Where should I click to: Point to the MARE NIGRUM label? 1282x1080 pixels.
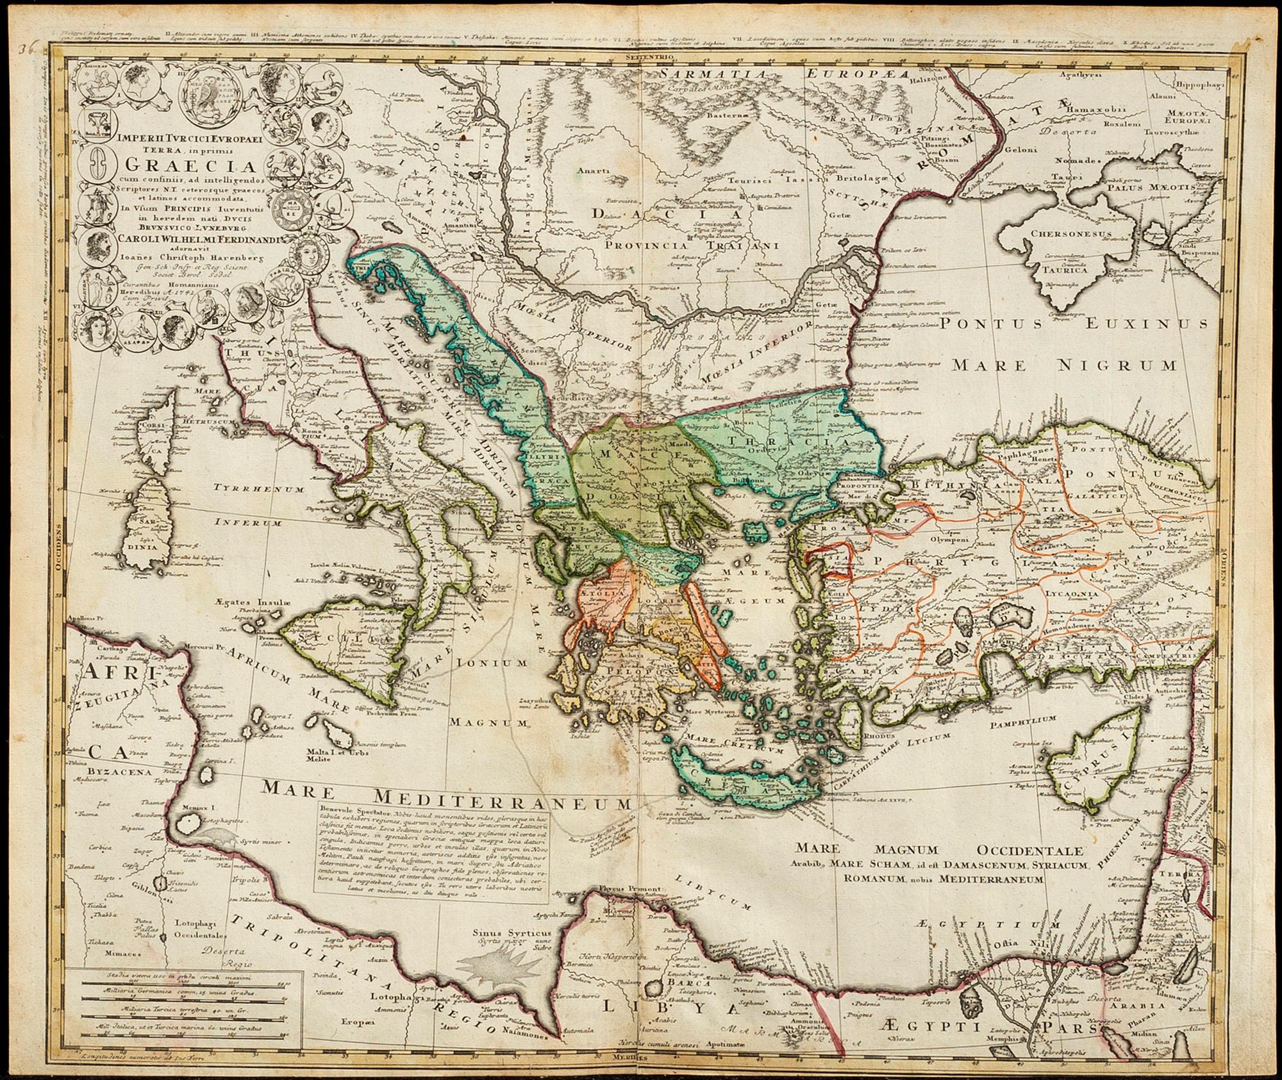tap(1064, 365)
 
